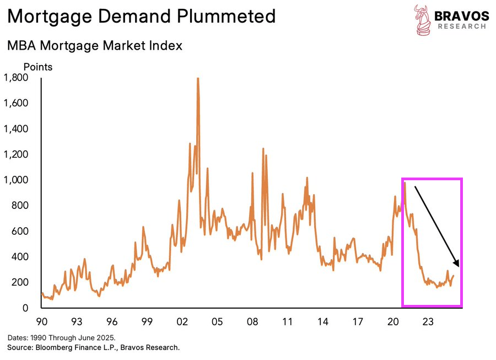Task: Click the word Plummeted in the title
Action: [x=222, y=17]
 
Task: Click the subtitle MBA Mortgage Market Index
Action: [x=94, y=46]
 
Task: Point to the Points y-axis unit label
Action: [x=38, y=67]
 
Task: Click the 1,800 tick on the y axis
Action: [x=16, y=78]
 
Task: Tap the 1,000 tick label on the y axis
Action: [x=16, y=180]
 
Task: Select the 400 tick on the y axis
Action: [x=19, y=257]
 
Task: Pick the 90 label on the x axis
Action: [x=42, y=321]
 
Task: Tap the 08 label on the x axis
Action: [x=252, y=321]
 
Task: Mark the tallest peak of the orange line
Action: [x=197, y=79]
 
